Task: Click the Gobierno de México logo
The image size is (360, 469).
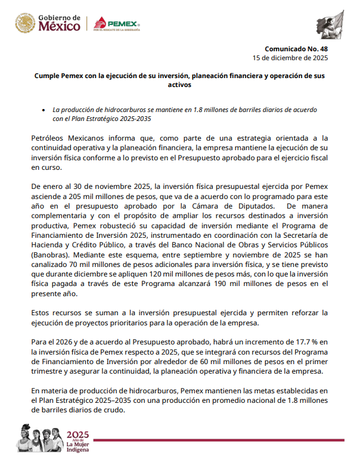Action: pyautogui.click(x=48, y=24)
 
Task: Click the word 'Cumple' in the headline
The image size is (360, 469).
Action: pyautogui.click(x=46, y=76)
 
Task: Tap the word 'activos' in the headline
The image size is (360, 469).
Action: pyautogui.click(x=179, y=85)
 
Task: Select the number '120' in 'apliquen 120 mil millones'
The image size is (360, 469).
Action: pyautogui.click(x=174, y=272)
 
